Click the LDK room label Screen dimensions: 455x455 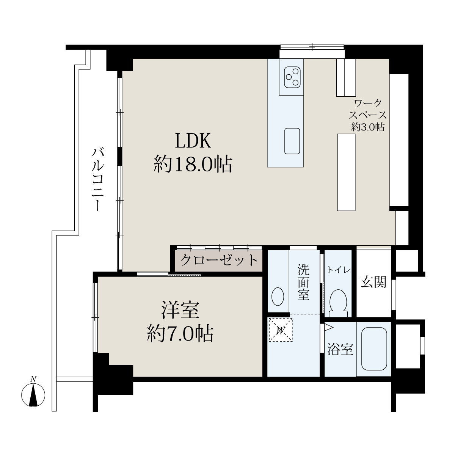pyautogui.click(x=193, y=141)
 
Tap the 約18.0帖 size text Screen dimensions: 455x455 pyautogui.click(x=193, y=164)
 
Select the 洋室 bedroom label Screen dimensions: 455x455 pyautogui.click(x=180, y=310)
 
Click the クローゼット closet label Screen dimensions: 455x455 pyautogui.click(x=219, y=260)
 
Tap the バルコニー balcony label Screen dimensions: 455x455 pyautogui.click(x=98, y=179)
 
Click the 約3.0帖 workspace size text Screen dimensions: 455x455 pyautogui.click(x=368, y=127)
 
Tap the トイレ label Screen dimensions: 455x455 pyautogui.click(x=338, y=270)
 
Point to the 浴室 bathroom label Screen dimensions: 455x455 pyautogui.click(x=340, y=349)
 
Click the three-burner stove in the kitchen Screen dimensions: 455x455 pyautogui.click(x=292, y=77)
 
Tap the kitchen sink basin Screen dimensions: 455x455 pyautogui.click(x=292, y=141)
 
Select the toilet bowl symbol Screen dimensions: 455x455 pyautogui.click(x=338, y=303)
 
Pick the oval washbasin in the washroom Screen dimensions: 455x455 pyautogui.click(x=278, y=297)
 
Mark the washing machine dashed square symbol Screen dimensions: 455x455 pyautogui.click(x=281, y=330)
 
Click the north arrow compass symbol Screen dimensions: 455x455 pyautogui.click(x=33, y=395)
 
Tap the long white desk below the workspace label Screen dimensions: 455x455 pyautogui.click(x=346, y=173)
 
